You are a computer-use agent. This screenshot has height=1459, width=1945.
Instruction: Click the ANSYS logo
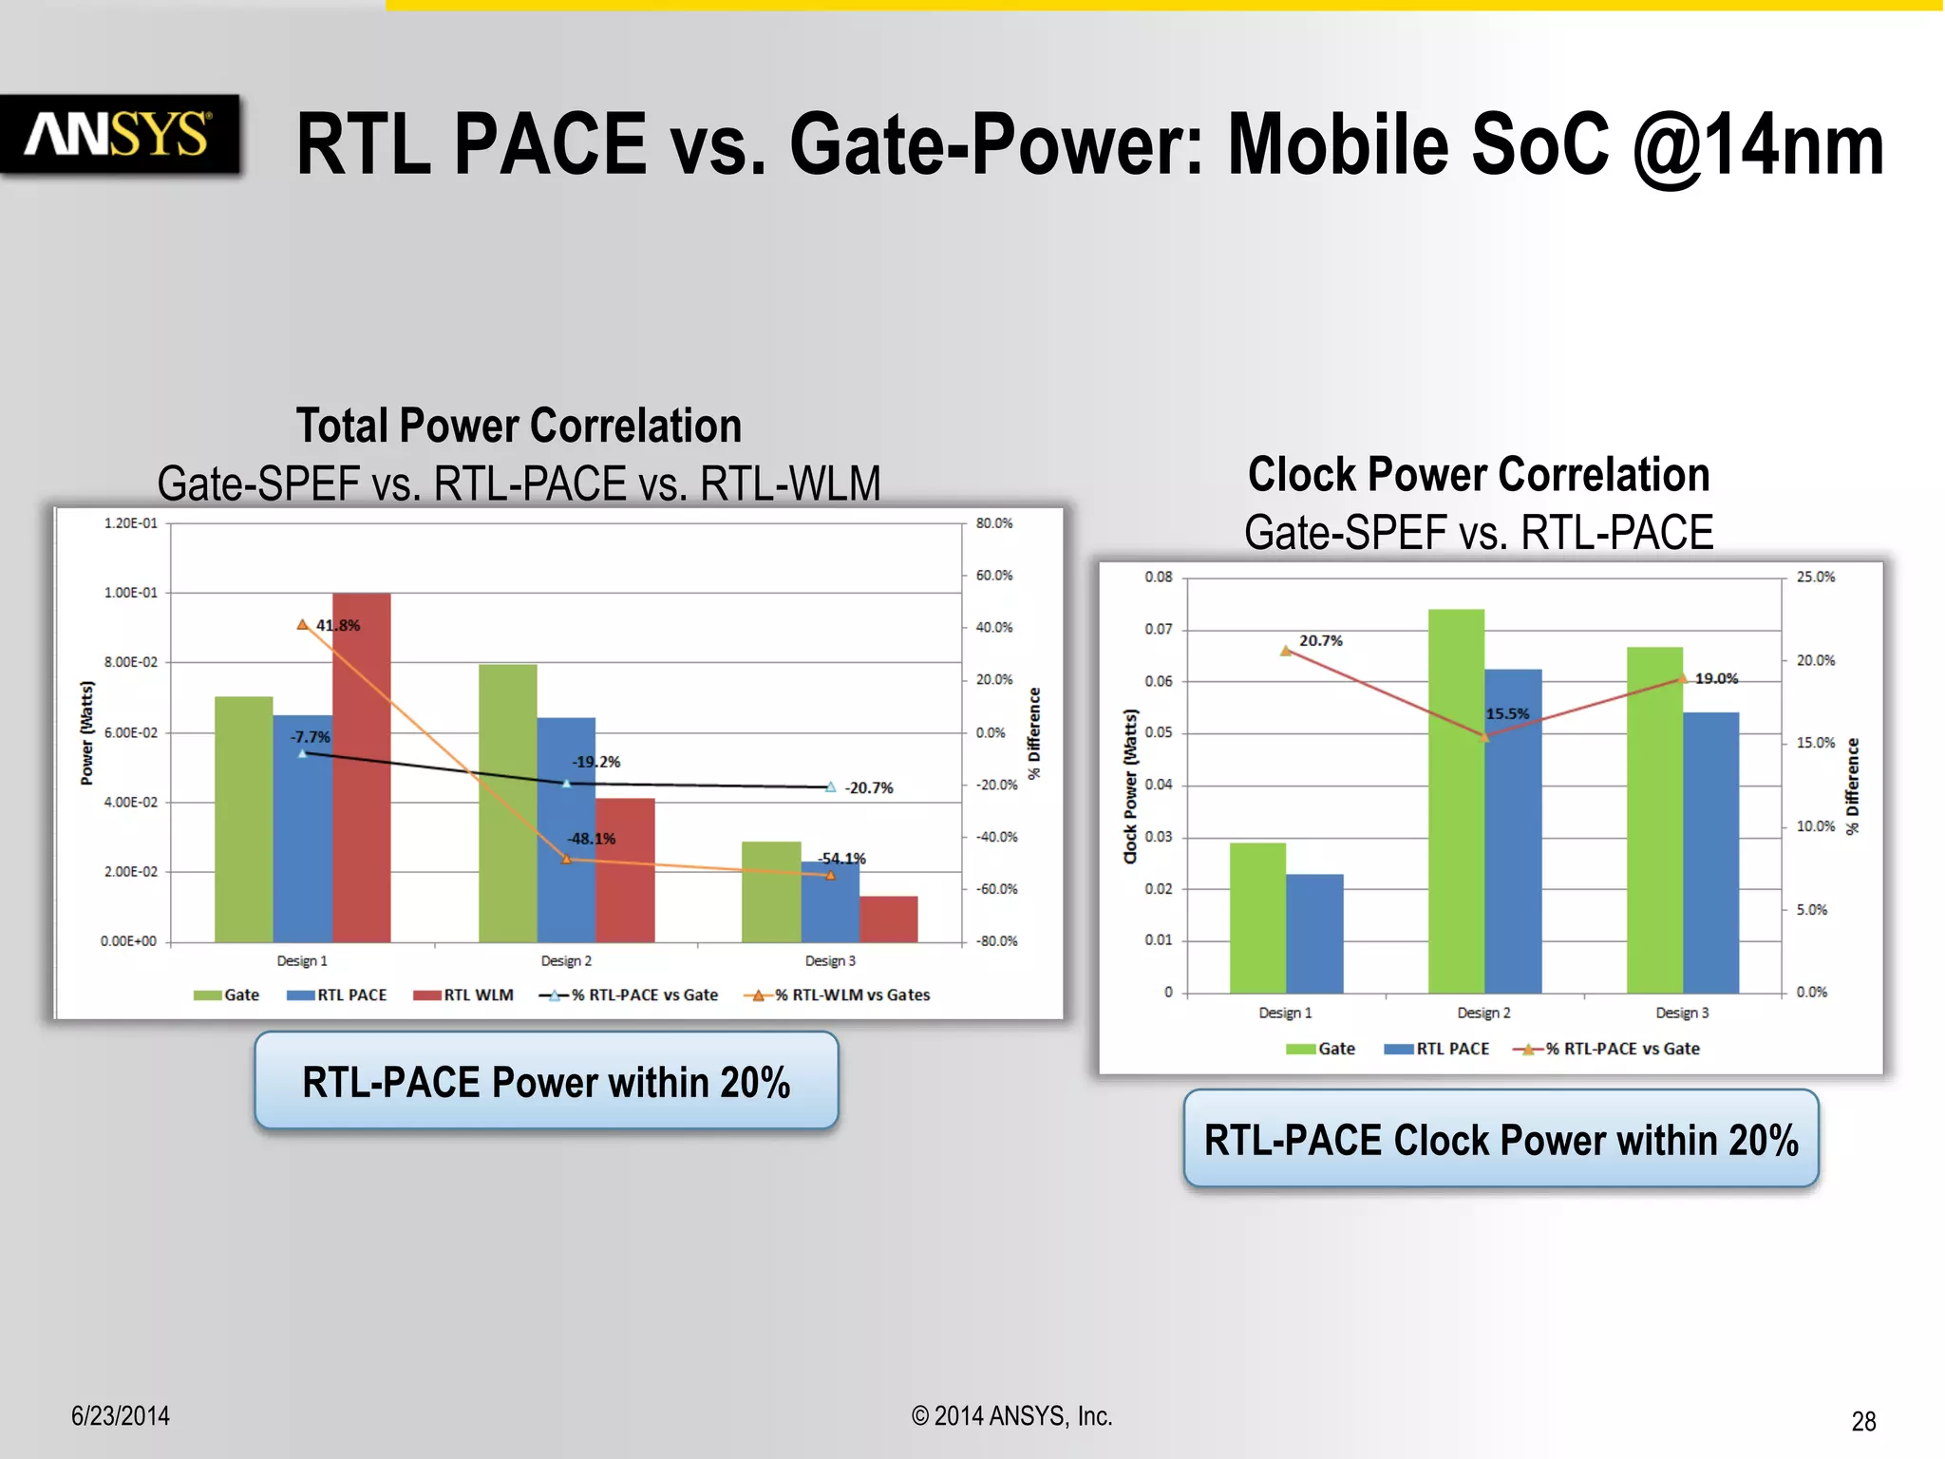click(x=118, y=135)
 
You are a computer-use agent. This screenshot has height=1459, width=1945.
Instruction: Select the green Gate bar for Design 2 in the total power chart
click(x=507, y=803)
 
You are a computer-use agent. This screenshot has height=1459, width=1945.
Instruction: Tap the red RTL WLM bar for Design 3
click(x=889, y=919)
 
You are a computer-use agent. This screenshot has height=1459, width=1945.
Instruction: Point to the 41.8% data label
click(x=338, y=626)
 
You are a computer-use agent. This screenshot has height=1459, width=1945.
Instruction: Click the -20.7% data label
click(x=869, y=787)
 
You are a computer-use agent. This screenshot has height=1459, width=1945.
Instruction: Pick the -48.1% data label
click(x=592, y=839)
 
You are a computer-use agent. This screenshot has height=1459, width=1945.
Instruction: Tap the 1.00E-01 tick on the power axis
click(x=131, y=593)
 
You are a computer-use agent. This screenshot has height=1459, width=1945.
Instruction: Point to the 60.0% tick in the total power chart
click(x=994, y=576)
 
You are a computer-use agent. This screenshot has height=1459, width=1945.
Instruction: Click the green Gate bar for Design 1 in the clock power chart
click(x=1257, y=918)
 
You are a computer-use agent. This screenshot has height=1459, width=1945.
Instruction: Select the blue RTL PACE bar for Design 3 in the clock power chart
click(x=1711, y=852)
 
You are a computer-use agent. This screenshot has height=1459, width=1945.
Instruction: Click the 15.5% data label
click(x=1508, y=713)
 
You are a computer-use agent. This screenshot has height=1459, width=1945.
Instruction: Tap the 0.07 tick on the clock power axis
click(x=1159, y=629)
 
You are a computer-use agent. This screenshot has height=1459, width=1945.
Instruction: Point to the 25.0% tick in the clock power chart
click(x=1816, y=577)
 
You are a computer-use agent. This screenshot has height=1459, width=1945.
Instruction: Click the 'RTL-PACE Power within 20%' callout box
click(x=546, y=1082)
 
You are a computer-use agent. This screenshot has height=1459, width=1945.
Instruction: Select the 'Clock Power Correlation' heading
click(x=1479, y=474)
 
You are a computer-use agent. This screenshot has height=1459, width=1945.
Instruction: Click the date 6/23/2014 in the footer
click(x=121, y=1415)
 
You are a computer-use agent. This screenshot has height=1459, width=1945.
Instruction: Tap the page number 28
click(x=1863, y=1421)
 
